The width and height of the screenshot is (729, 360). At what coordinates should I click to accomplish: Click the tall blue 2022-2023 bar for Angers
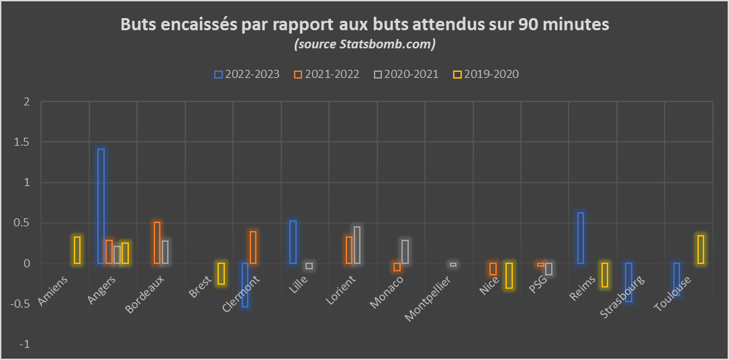[x=101, y=206]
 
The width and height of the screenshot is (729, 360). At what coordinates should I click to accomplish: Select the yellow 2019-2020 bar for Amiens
[x=77, y=250]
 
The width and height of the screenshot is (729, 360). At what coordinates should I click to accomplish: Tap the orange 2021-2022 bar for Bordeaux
[x=157, y=242]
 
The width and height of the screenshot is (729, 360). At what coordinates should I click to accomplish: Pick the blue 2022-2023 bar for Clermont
[x=245, y=285]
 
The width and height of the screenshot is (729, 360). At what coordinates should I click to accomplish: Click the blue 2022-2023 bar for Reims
[x=581, y=238]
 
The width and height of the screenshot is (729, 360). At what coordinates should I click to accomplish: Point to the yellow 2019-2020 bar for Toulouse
[x=701, y=249]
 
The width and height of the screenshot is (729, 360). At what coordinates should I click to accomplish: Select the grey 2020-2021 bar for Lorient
[x=357, y=245]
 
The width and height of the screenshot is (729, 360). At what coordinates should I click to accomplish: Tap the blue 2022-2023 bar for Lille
[x=293, y=242]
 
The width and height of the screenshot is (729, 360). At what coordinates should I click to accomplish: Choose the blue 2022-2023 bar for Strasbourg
[x=628, y=282]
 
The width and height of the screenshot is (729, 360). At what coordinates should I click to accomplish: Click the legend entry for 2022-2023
[x=246, y=74]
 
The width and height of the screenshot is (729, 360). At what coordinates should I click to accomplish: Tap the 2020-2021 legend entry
[x=406, y=74]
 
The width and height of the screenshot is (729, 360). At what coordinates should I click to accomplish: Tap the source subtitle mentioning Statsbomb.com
[x=364, y=44]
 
